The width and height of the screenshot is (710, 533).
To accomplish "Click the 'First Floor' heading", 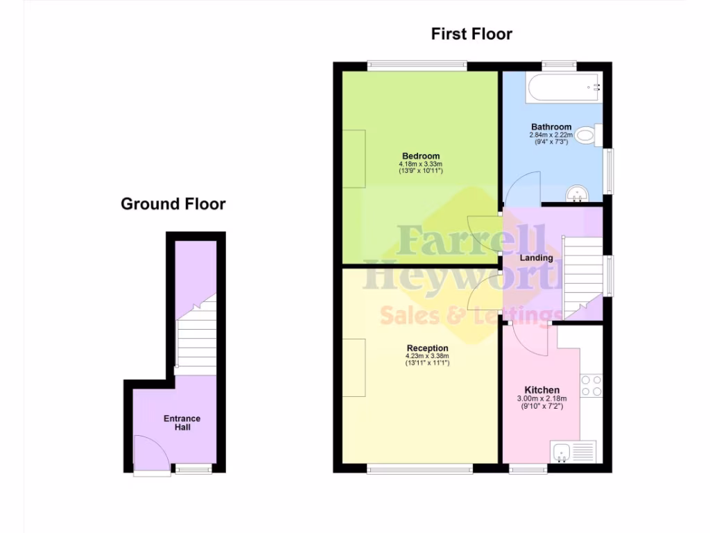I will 471,33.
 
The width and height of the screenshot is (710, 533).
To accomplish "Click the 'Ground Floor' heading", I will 173,204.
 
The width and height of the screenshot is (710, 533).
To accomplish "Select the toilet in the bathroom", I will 587,135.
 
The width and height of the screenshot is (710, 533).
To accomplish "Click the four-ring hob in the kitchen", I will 591,386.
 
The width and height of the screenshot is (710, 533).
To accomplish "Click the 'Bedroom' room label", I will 420,155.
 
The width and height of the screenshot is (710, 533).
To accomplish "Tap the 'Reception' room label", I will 427,348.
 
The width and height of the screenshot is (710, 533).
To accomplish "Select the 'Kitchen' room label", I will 542,390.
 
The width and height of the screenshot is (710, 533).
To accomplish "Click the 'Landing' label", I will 537,258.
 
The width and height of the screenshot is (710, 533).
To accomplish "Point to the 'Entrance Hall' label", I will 182,423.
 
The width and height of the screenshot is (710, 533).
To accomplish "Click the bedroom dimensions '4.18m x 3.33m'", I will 420,164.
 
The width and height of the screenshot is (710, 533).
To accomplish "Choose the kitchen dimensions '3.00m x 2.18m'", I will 542,399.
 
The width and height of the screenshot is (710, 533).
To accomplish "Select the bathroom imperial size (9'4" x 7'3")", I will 551,142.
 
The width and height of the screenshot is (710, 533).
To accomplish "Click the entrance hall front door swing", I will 147,452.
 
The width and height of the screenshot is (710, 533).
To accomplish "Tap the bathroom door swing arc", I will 521,189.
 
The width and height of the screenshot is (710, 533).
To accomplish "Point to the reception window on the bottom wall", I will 420,469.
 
